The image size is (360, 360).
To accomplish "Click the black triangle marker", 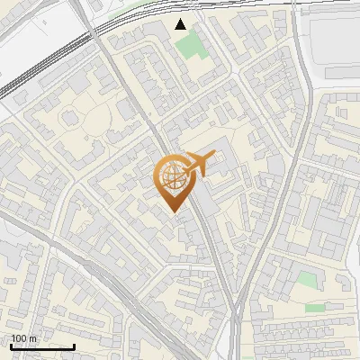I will click(181, 24).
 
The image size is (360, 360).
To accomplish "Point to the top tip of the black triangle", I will click(181, 19).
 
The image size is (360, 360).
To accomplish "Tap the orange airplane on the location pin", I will click(200, 163).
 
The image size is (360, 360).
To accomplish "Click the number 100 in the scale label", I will click(19, 338).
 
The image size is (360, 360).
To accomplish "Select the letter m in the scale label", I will click(32, 338).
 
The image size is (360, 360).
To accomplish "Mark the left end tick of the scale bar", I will click(11, 346).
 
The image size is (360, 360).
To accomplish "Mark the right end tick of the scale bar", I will click(74, 346).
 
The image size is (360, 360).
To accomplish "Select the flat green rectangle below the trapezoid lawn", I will click(314, 308).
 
